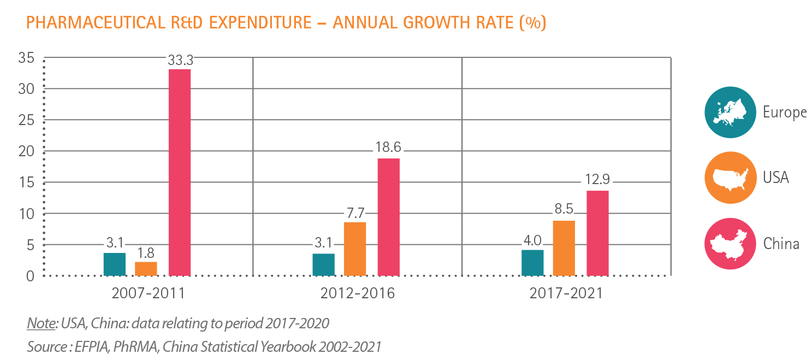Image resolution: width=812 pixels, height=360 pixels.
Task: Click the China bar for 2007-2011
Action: tap(180, 172)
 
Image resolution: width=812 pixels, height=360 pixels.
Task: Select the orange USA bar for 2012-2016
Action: tap(355, 249)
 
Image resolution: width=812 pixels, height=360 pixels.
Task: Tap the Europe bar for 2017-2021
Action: tap(532, 262)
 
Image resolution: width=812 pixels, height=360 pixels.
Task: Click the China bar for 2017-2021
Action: tap(597, 233)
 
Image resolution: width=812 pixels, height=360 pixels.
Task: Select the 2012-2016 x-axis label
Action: tap(358, 293)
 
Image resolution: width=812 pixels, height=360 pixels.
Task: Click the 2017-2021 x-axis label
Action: tap(566, 293)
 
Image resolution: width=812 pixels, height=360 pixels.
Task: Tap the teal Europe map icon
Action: tap(729, 113)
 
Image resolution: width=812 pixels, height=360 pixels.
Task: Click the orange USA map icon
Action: tap(729, 178)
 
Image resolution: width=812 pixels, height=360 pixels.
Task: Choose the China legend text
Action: tap(781, 243)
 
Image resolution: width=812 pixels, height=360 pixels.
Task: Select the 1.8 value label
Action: tap(146, 253)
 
